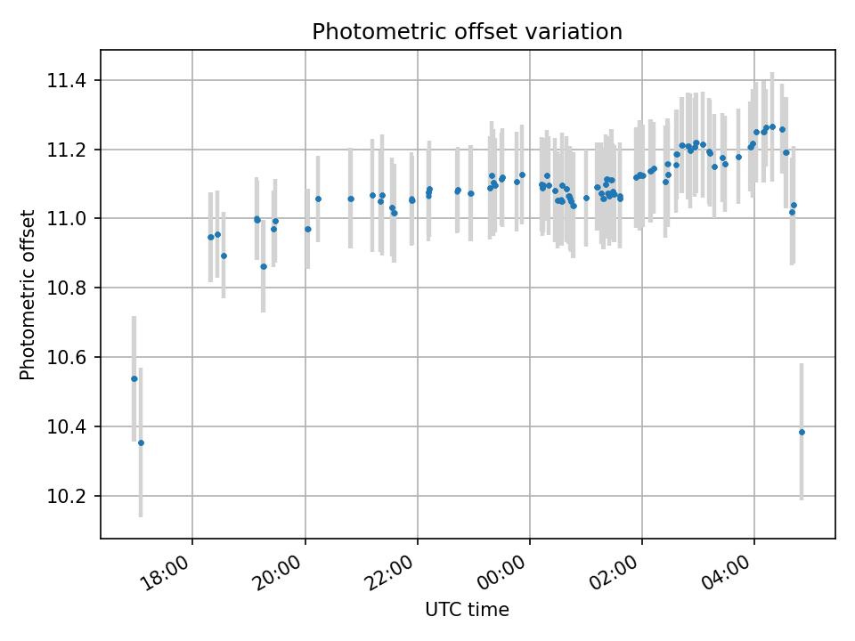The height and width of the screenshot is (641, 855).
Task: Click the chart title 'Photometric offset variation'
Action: pos(467,32)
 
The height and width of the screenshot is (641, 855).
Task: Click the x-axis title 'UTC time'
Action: pos(467,610)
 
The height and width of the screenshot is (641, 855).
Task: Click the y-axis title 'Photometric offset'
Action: pos(28,295)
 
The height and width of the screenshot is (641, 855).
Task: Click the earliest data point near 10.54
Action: pos(134,378)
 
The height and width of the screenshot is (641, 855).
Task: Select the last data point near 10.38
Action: pos(802,432)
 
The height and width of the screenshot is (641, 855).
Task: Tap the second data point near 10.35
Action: pos(141,442)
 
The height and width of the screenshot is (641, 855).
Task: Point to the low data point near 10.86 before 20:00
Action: pos(263,266)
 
